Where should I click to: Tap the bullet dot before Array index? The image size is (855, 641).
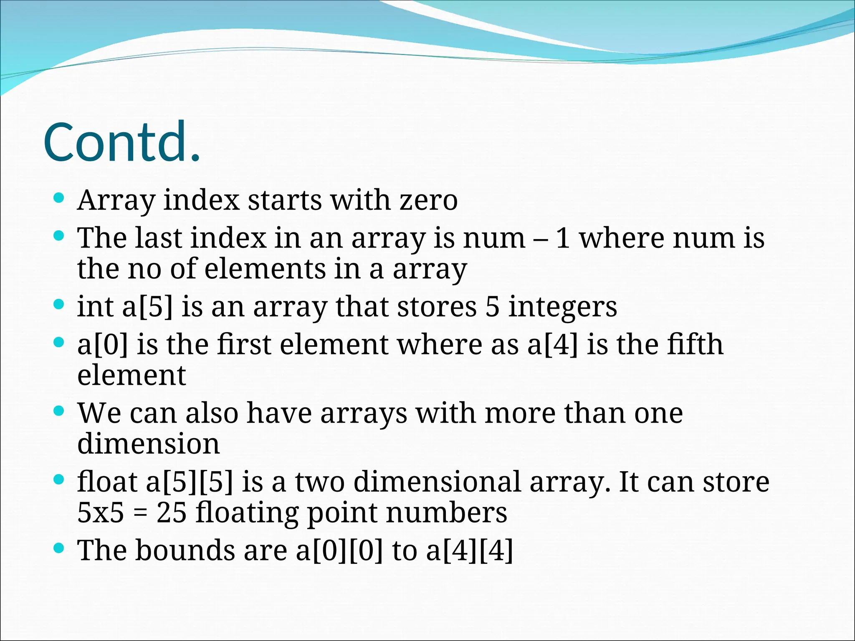59,197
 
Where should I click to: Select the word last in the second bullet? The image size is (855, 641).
158,238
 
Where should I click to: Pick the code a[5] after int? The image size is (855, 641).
147,307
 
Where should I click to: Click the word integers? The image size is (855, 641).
562,308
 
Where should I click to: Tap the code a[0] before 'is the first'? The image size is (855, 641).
103,345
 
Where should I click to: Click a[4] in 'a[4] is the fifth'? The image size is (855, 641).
553,345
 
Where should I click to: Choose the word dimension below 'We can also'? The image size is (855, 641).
148,444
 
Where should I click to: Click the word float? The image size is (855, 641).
107,482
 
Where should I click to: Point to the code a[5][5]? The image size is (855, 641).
189,482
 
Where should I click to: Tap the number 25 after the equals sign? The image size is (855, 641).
171,512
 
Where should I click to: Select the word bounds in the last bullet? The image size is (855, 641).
185,550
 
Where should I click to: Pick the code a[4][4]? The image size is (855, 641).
469,551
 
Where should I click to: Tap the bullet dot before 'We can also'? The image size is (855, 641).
59,411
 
